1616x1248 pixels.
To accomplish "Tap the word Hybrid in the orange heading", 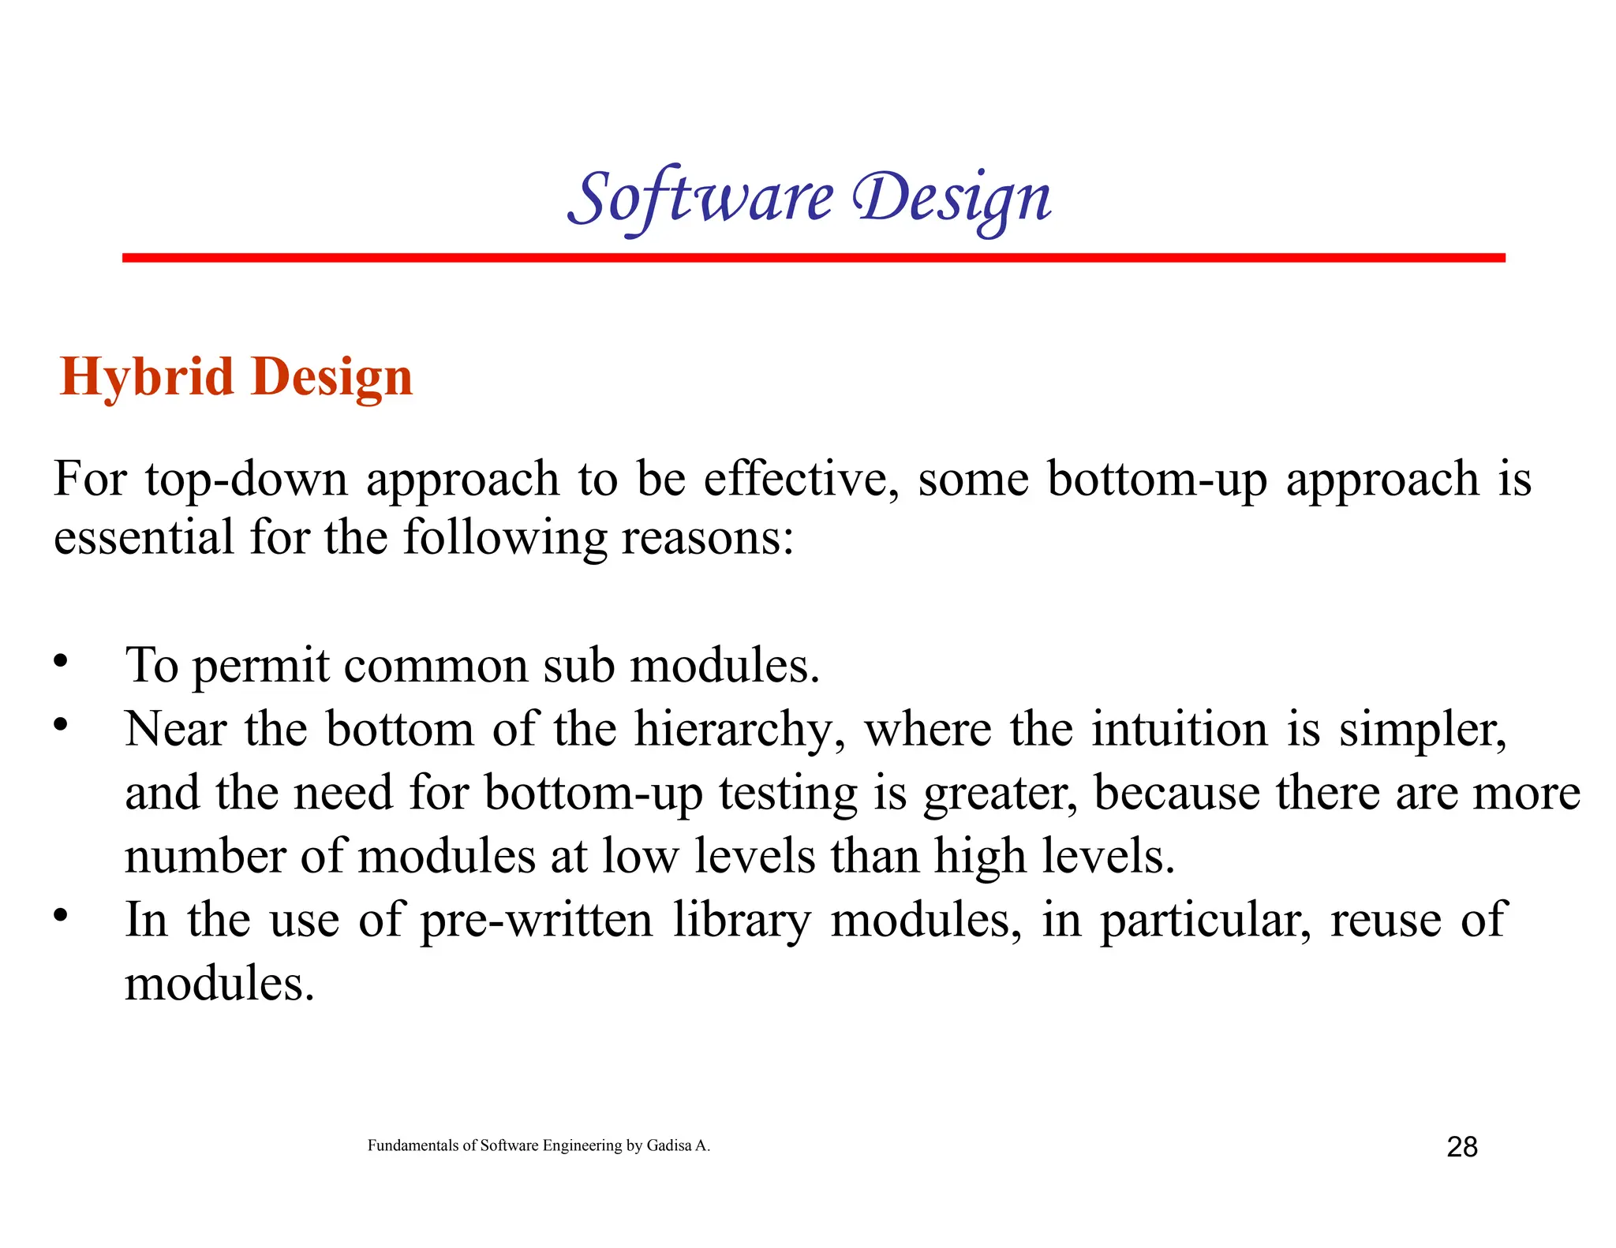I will [147, 377].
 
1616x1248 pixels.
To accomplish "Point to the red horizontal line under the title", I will [813, 258].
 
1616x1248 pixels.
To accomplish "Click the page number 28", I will [1461, 1146].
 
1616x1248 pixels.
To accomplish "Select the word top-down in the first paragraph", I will [246, 480].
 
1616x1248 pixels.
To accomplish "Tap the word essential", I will [144, 538].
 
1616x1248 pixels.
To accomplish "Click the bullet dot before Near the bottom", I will [61, 723].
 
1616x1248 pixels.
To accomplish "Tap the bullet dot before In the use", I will [61, 915].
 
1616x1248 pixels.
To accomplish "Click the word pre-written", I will [536, 921].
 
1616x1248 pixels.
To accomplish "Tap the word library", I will [742, 921].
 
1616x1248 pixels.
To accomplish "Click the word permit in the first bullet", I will [260, 666].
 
